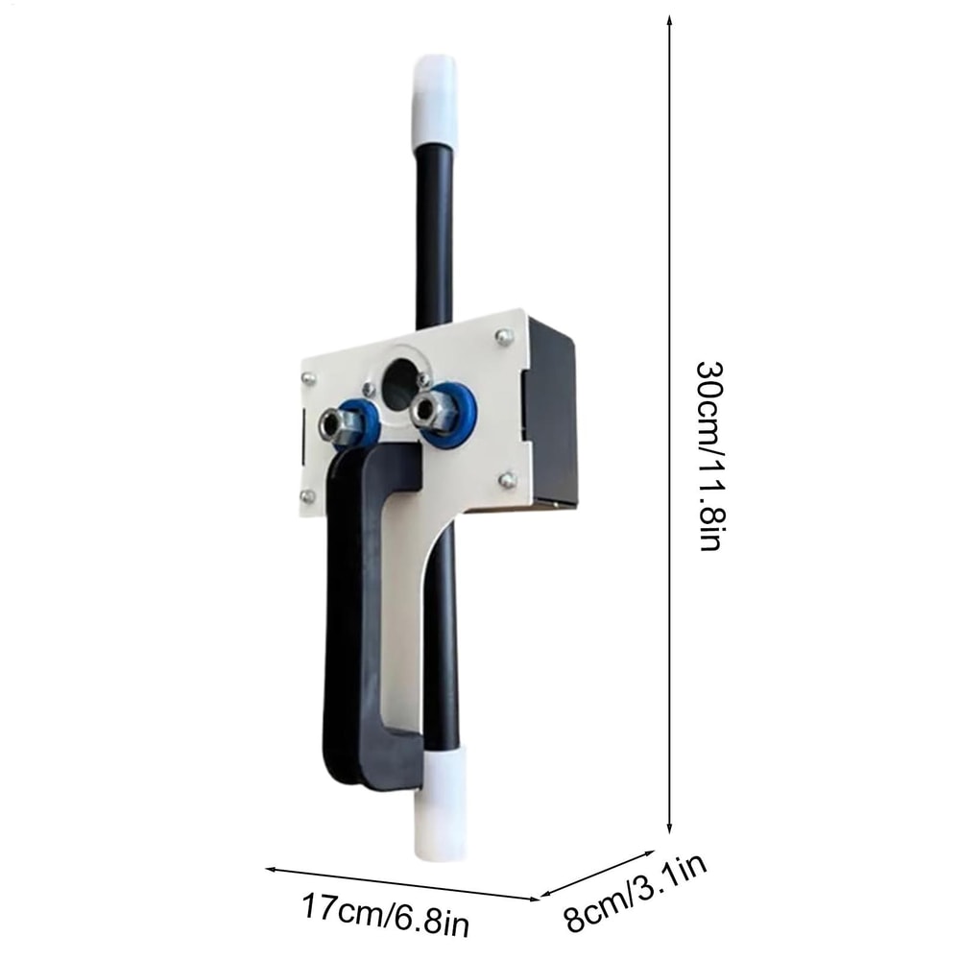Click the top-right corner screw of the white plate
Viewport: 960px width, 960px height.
coord(501,336)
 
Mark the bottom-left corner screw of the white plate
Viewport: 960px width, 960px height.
coord(307,495)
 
